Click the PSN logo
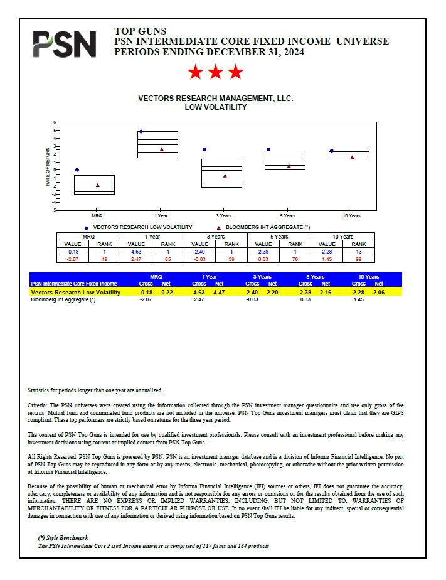tap(65, 45)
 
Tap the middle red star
tap(215, 72)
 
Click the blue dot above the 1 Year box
tap(141, 132)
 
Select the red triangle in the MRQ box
tap(98, 185)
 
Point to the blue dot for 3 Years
tap(204, 149)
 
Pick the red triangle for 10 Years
tap(353, 157)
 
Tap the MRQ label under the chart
tap(98, 215)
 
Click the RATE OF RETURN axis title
tap(48, 166)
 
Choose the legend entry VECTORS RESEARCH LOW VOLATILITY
tap(142, 227)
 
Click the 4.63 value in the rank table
tap(136, 251)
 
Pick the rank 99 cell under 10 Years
tap(359, 258)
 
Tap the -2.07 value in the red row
tap(73, 258)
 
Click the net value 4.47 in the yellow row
tap(219, 293)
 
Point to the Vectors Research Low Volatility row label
tap(75, 293)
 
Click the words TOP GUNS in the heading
tap(141, 31)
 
